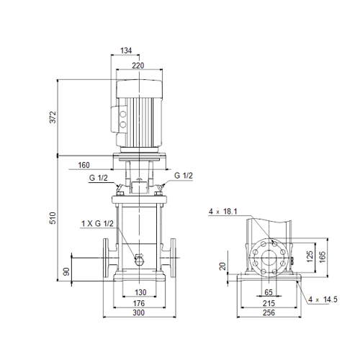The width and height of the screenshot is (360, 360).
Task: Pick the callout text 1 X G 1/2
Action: click(97, 223)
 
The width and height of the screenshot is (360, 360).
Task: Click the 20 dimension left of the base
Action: click(223, 266)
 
